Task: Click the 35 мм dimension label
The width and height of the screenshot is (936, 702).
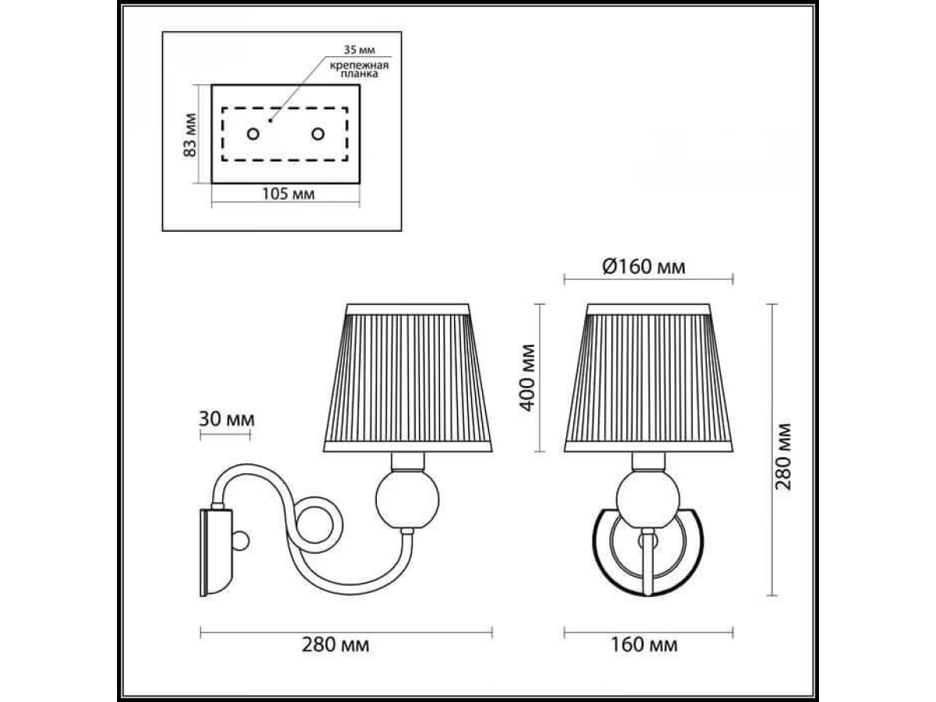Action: click(x=359, y=50)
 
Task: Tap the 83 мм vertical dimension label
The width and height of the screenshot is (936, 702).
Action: click(x=190, y=135)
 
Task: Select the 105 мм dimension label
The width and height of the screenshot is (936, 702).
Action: click(x=288, y=194)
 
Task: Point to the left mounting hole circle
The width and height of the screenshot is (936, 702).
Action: click(x=253, y=134)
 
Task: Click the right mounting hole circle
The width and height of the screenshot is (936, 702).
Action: click(x=317, y=134)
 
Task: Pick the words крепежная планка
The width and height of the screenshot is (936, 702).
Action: click(x=360, y=69)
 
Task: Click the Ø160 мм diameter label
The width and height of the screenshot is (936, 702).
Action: click(x=644, y=267)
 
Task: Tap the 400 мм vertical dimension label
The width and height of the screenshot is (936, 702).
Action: click(x=527, y=378)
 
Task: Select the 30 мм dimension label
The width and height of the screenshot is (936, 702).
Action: click(x=226, y=419)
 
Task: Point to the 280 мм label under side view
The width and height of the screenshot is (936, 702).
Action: click(x=335, y=645)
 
